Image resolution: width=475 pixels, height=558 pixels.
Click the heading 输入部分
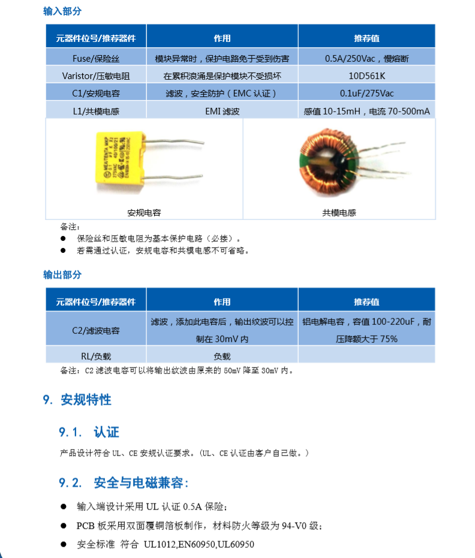(62, 11)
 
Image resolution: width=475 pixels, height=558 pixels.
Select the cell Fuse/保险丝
(96, 59)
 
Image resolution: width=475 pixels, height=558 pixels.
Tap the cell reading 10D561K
(366, 76)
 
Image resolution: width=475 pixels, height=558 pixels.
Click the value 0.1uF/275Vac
(366, 93)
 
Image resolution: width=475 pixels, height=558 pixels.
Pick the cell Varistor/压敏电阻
(96, 76)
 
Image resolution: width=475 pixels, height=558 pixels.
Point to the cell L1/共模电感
(96, 111)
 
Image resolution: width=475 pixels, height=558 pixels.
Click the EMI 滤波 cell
(222, 111)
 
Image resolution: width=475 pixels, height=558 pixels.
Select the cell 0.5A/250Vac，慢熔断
(366, 59)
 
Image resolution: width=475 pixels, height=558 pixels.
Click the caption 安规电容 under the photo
(144, 213)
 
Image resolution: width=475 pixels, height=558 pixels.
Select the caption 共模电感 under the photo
(339, 213)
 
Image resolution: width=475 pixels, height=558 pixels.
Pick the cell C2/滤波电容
(96, 330)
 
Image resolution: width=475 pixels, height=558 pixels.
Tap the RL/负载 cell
(96, 355)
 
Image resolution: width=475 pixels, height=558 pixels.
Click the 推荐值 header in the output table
(366, 301)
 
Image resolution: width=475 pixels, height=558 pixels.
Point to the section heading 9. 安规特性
(77, 400)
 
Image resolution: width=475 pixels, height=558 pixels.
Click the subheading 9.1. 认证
(89, 432)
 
